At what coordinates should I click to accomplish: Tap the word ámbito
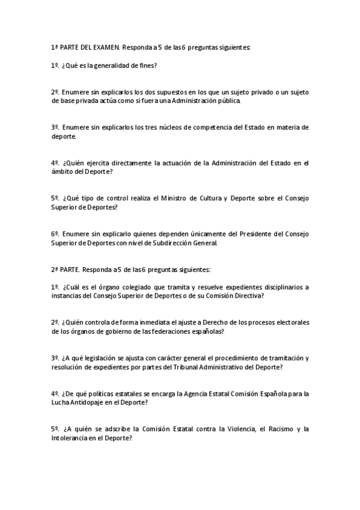click(61, 171)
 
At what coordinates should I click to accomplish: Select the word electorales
click(290, 322)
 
